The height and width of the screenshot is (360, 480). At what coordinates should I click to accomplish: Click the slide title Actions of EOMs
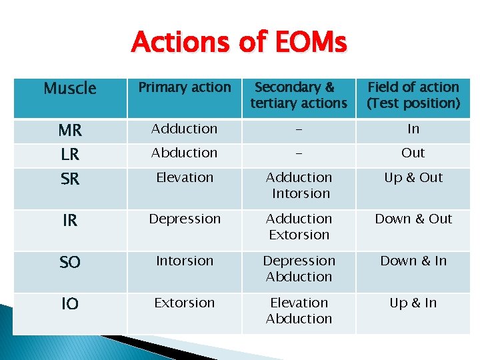[239, 43]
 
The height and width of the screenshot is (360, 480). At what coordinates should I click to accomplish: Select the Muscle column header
[69, 89]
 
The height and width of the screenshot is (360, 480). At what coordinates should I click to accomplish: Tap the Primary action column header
[184, 87]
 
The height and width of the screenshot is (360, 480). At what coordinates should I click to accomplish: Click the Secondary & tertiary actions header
[299, 95]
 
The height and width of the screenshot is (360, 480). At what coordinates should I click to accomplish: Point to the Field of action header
[413, 95]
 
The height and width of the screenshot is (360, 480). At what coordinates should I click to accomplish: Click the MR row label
[70, 131]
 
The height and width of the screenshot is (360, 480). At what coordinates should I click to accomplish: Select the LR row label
[70, 155]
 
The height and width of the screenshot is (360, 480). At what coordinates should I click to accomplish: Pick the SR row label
[70, 179]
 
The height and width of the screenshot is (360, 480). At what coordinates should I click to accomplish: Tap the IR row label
[70, 221]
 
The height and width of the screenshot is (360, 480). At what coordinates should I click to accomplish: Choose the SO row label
[70, 263]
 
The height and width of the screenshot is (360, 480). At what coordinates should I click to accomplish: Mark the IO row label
[70, 305]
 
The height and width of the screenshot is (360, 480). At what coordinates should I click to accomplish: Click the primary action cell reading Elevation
[185, 177]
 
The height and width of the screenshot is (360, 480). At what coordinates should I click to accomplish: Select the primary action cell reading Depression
[185, 219]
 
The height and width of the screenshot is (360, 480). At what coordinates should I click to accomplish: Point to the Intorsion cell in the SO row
[185, 261]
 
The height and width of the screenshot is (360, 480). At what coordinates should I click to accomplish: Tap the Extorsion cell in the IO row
[185, 303]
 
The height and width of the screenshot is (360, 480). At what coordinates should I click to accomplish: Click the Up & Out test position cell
[413, 177]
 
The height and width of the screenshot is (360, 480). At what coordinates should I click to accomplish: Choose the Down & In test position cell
[413, 261]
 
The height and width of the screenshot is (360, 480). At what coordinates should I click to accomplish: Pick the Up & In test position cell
[413, 303]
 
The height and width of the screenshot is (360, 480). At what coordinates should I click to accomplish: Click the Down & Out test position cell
[413, 219]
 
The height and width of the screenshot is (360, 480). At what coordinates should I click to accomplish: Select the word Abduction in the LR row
[185, 153]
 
